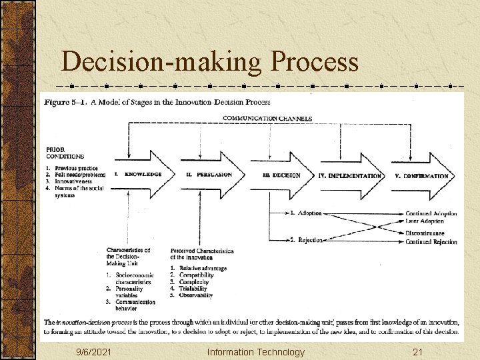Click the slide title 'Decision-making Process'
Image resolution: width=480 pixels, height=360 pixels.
tap(209, 62)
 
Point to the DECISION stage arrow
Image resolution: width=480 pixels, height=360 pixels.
tap(281, 175)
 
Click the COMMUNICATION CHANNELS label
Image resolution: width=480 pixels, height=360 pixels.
tap(267, 119)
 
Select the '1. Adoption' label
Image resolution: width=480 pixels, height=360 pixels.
tap(306, 213)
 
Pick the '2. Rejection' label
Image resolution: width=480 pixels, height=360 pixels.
tap(306, 239)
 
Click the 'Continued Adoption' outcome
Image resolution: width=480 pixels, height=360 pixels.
tap(431, 214)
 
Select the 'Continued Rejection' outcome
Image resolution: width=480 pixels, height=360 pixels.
tap(431, 242)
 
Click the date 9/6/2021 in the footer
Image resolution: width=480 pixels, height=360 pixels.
tap(93, 351)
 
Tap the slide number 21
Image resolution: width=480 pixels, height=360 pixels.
tap(418, 351)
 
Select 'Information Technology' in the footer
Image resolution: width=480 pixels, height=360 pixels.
tap(255, 351)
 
